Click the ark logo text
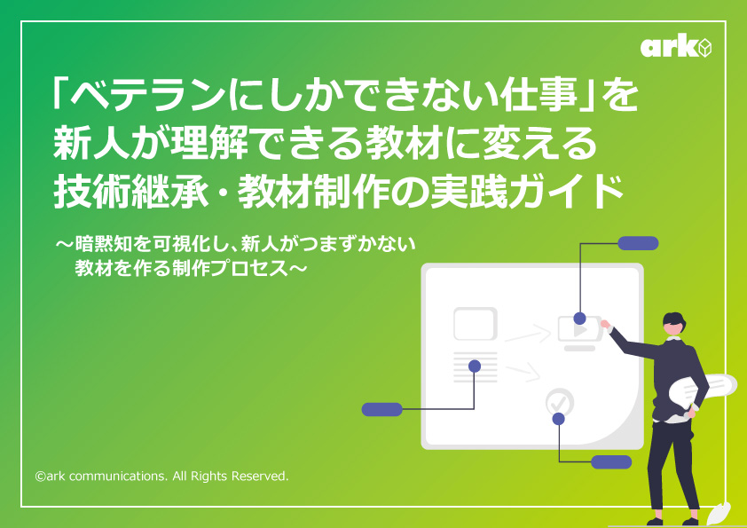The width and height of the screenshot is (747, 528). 667,47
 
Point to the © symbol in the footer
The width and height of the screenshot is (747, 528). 40,477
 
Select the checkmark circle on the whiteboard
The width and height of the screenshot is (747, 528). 560,402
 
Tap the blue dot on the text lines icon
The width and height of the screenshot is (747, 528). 475,366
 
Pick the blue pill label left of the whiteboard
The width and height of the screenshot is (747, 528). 382,409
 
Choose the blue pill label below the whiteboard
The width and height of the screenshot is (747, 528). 611,461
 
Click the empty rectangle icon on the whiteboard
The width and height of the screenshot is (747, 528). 475,323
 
